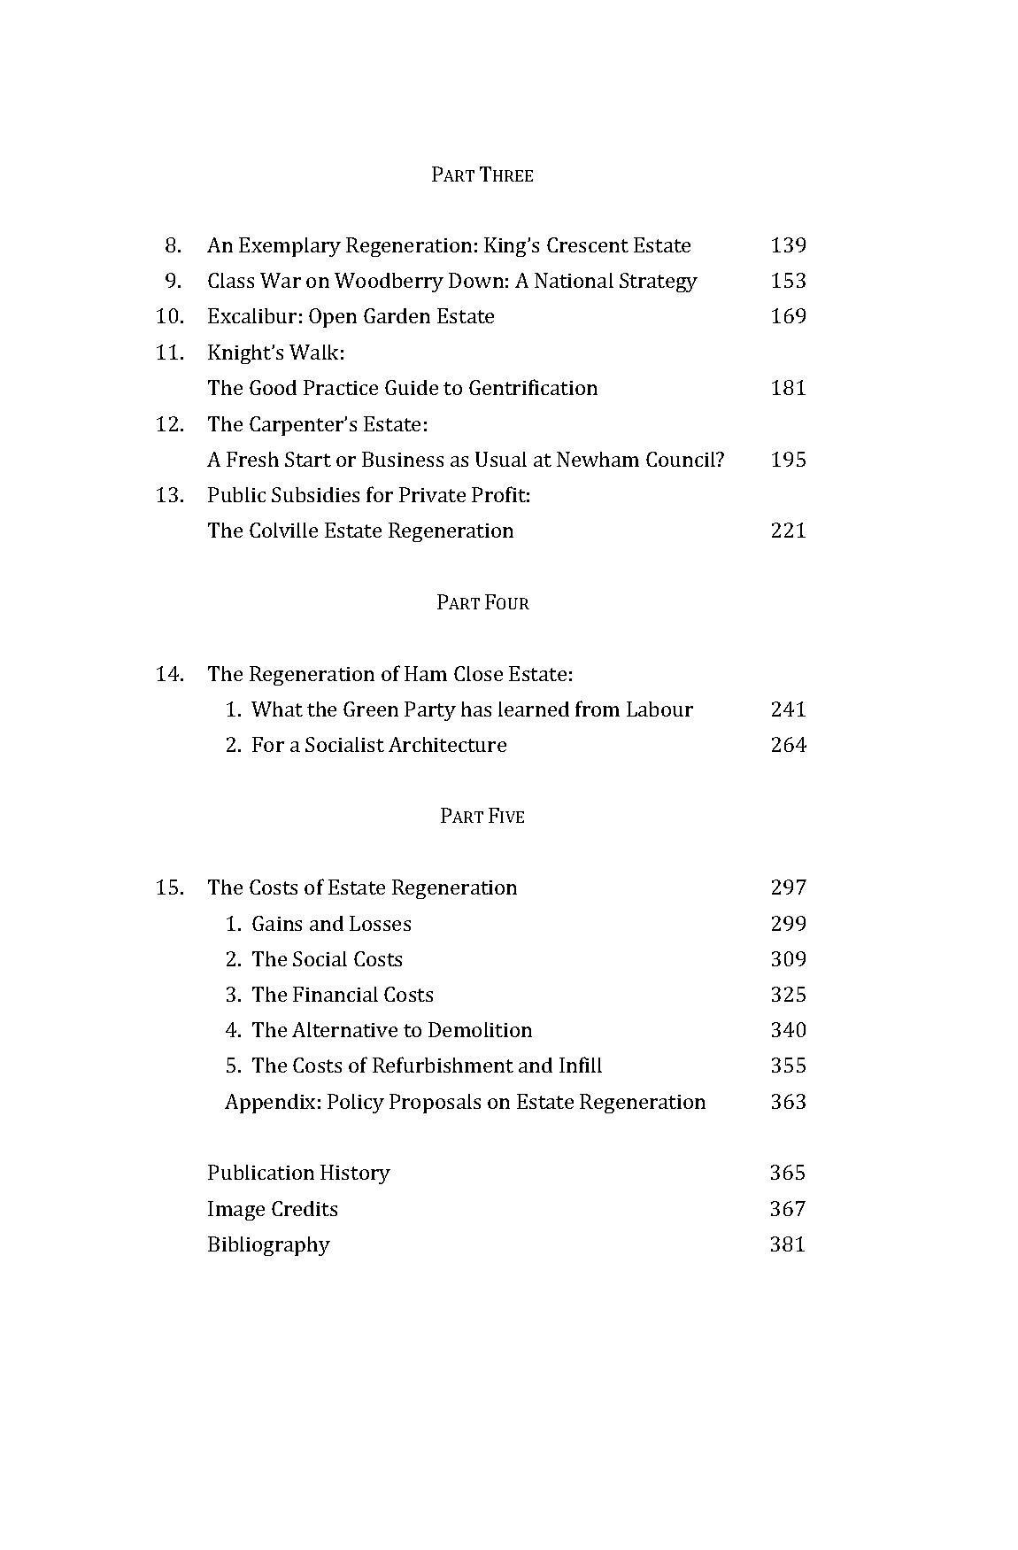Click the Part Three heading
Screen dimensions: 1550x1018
482,175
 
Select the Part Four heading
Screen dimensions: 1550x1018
482,603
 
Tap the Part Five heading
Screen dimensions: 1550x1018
482,816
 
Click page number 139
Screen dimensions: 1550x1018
788,245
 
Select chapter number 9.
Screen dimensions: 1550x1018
173,281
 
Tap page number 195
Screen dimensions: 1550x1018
788,460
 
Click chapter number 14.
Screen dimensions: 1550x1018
170,674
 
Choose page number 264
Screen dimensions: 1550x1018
788,745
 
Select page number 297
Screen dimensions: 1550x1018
788,887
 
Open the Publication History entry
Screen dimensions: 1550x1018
298,1173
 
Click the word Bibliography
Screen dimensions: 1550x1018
268,1244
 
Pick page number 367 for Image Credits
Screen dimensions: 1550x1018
788,1209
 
